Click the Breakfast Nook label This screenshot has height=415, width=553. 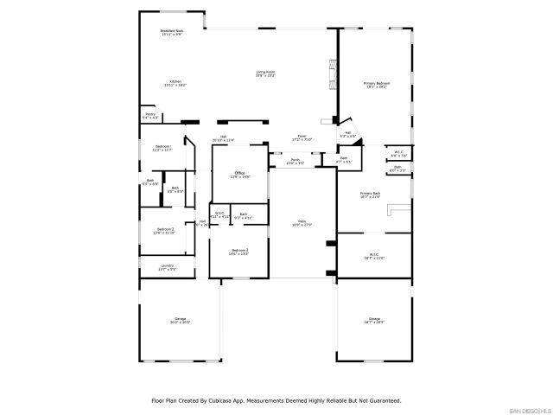[x=171, y=32]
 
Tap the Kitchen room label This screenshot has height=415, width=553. [x=175, y=83]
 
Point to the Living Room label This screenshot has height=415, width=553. [x=265, y=73]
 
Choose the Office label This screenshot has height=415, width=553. [x=239, y=175]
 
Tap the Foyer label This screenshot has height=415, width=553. [x=302, y=137]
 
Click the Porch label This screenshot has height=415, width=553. [x=295, y=160]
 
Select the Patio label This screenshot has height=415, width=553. [x=302, y=221]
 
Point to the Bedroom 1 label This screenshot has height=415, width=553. [x=163, y=148]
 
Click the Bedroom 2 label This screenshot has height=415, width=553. [x=164, y=230]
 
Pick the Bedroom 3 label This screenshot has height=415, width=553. [x=239, y=251]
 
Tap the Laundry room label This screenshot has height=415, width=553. [x=167, y=267]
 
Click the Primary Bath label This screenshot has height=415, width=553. [x=370, y=194]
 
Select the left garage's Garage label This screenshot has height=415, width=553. [x=180, y=320]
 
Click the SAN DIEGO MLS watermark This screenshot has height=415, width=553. [x=528, y=410]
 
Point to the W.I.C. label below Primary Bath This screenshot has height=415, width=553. [x=374, y=256]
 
